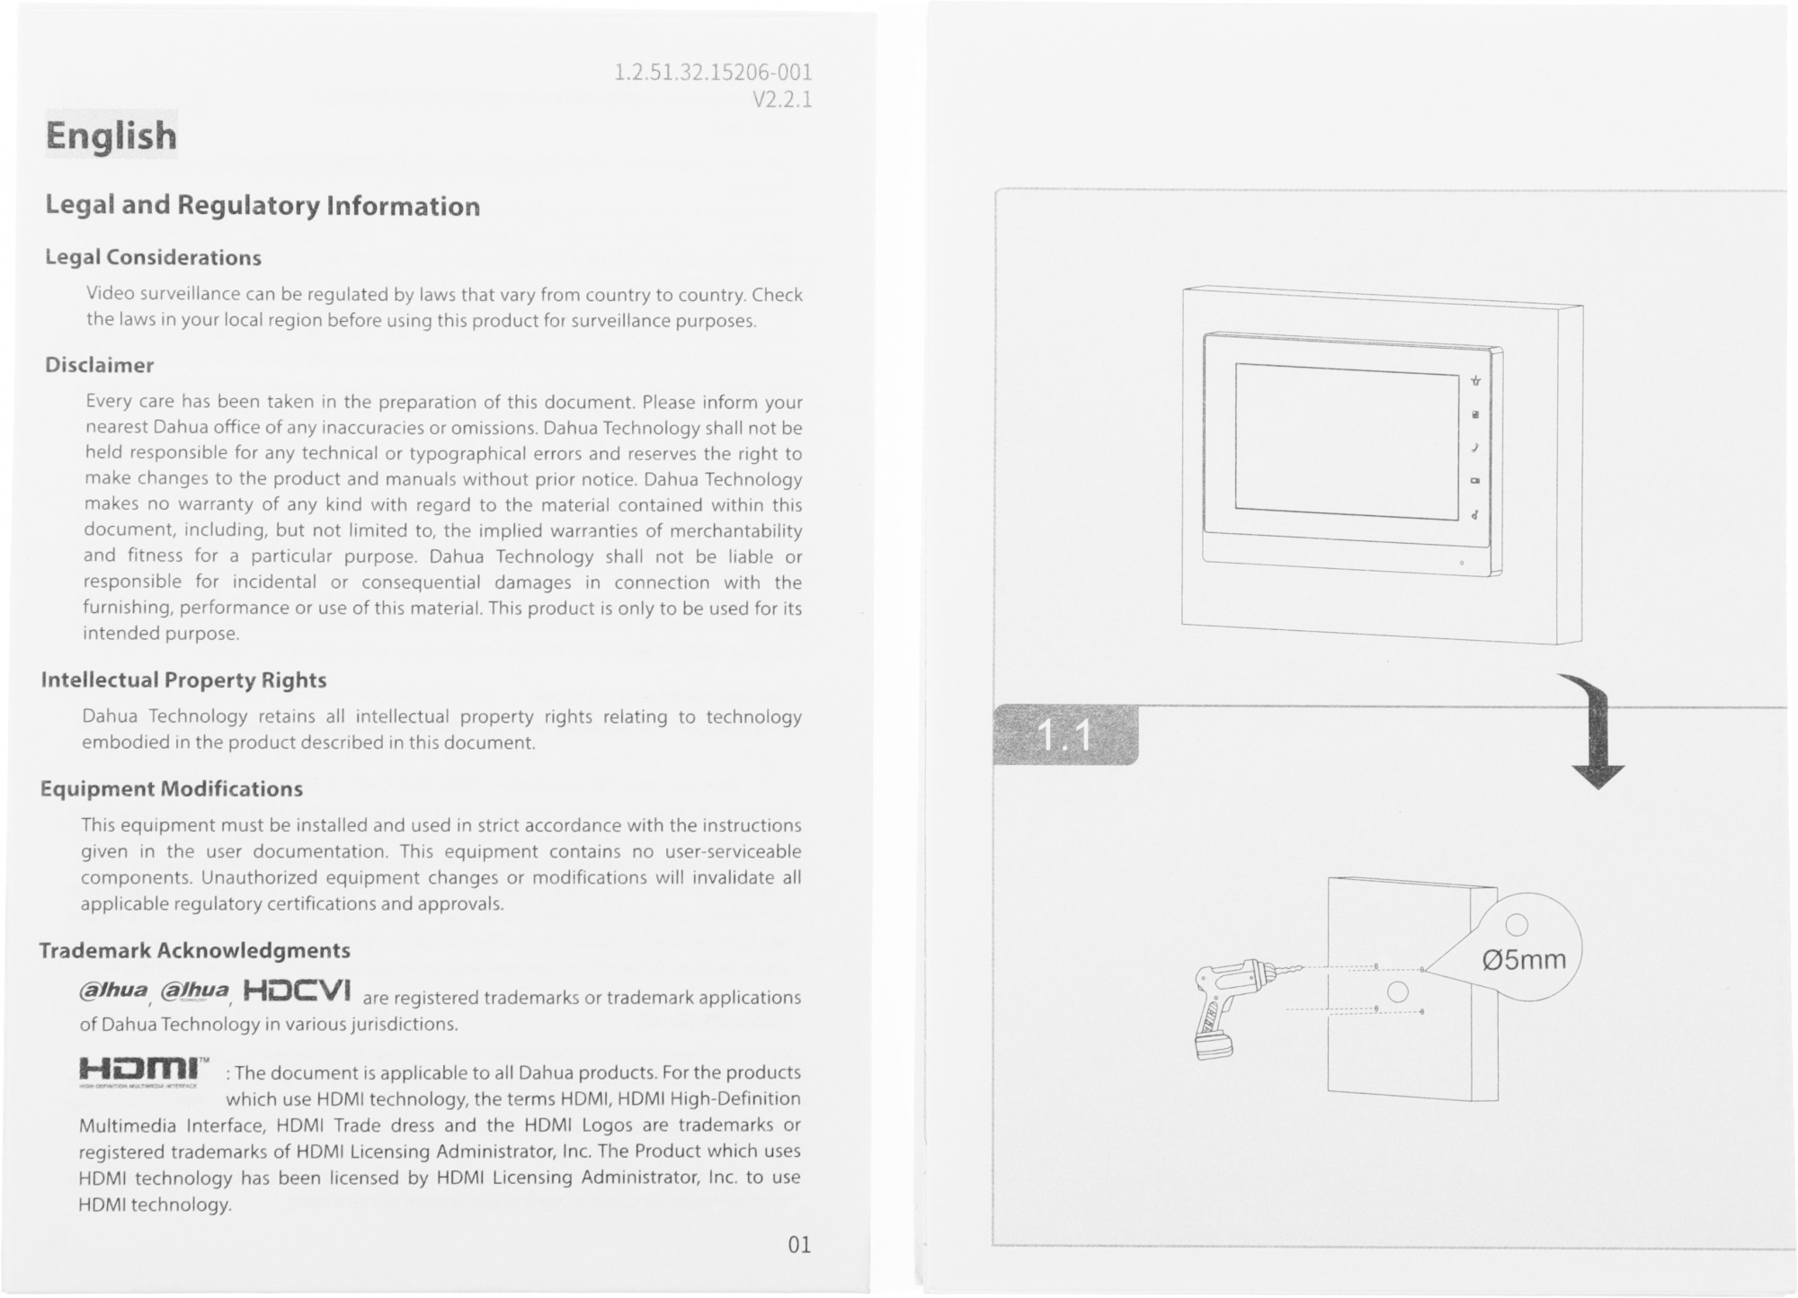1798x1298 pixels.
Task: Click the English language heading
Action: [111, 136]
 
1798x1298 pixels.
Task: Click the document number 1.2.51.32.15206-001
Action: [713, 72]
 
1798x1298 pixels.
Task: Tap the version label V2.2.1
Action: [781, 99]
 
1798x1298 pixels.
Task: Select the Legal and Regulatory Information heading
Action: [263, 206]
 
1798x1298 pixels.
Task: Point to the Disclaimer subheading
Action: [100, 365]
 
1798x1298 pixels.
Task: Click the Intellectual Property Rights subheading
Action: [183, 680]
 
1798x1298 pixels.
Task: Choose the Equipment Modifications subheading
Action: [172, 788]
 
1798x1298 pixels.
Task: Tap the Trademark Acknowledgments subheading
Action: [194, 950]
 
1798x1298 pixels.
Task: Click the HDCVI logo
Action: [296, 991]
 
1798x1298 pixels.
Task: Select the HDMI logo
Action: [144, 1070]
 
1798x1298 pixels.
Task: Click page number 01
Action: [798, 1245]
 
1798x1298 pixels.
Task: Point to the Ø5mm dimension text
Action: [1524, 960]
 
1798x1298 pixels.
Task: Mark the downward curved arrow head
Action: [1598, 776]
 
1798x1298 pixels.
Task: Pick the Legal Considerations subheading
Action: [153, 257]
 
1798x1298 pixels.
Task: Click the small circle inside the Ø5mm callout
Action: [1516, 924]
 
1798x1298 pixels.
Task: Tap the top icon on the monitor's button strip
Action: [1475, 381]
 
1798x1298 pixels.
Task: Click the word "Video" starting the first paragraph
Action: [110, 295]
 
